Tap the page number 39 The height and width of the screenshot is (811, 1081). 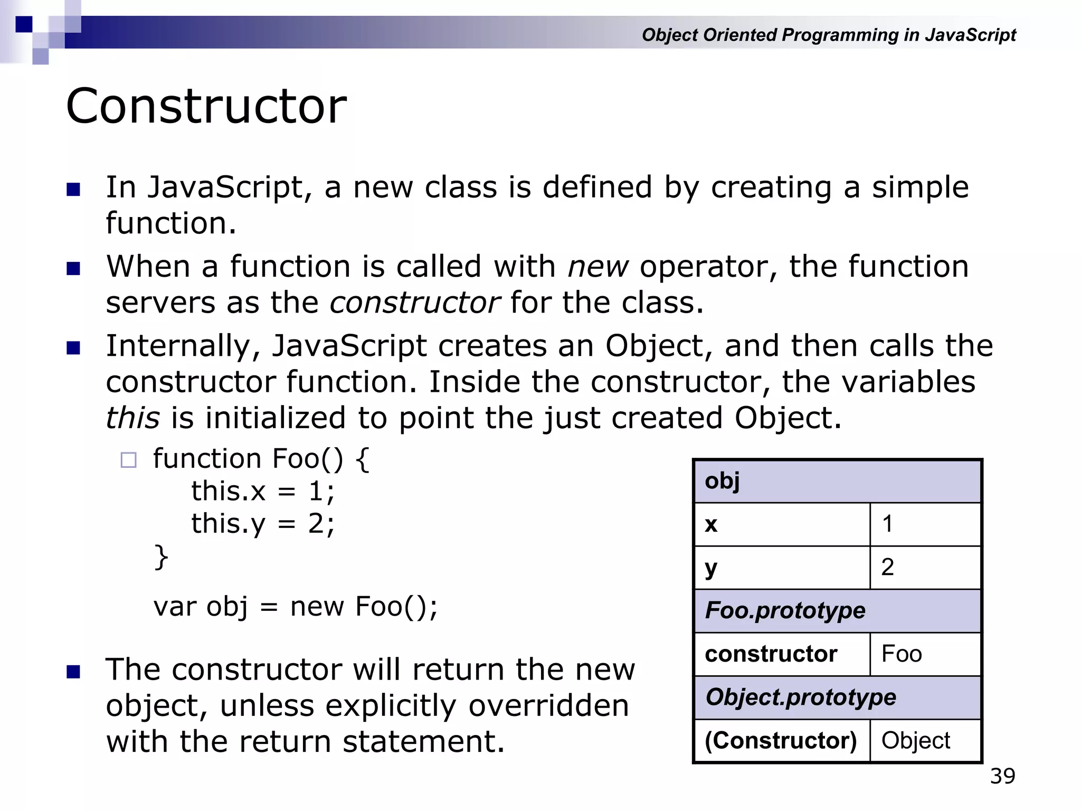pos(1002,776)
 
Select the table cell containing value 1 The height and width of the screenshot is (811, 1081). pos(925,524)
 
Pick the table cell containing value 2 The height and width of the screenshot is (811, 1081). pos(925,568)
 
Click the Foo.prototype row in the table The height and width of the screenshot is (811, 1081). pos(837,611)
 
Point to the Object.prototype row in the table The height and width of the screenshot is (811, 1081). pos(837,697)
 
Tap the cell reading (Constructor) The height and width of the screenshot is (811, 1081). pos(781,741)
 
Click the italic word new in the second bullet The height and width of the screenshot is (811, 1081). pos(598,267)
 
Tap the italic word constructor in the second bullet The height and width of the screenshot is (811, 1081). pos(414,303)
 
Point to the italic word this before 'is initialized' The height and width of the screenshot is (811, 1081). pos(132,418)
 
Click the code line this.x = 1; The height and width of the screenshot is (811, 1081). pos(262,492)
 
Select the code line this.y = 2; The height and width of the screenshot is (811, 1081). pos(262,524)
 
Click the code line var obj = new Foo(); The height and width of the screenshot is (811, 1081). pos(295,607)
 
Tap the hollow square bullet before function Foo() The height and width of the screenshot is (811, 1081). pos(128,460)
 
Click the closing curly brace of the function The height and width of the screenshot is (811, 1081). pos(160,558)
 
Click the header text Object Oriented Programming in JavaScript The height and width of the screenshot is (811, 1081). pos(829,35)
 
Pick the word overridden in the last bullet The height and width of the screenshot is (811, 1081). pos(548,706)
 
